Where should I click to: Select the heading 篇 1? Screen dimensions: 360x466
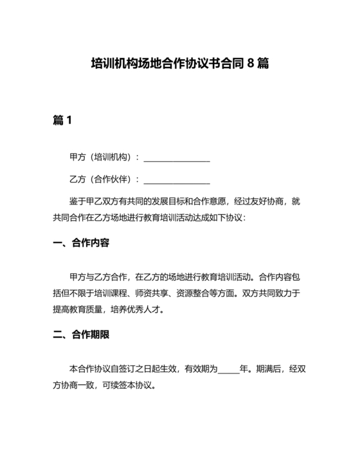[x=62, y=120]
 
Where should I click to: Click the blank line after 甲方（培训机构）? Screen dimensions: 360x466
[x=177, y=157]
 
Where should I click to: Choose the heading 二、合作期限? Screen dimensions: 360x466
[x=81, y=335]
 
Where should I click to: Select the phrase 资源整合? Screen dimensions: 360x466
[x=196, y=294]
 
